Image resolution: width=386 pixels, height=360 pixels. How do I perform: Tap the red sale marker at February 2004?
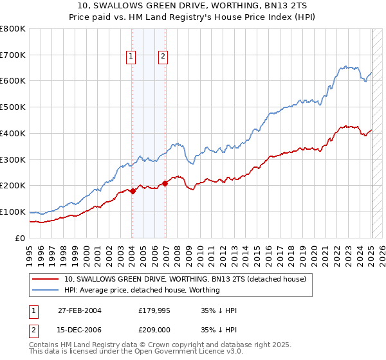(x=133, y=191)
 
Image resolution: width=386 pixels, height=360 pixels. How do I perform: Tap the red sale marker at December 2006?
(x=165, y=183)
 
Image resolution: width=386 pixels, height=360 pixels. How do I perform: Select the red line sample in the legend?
(x=46, y=280)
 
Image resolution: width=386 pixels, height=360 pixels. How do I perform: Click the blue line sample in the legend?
(x=46, y=291)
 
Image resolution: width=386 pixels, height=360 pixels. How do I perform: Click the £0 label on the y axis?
(x=20, y=238)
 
